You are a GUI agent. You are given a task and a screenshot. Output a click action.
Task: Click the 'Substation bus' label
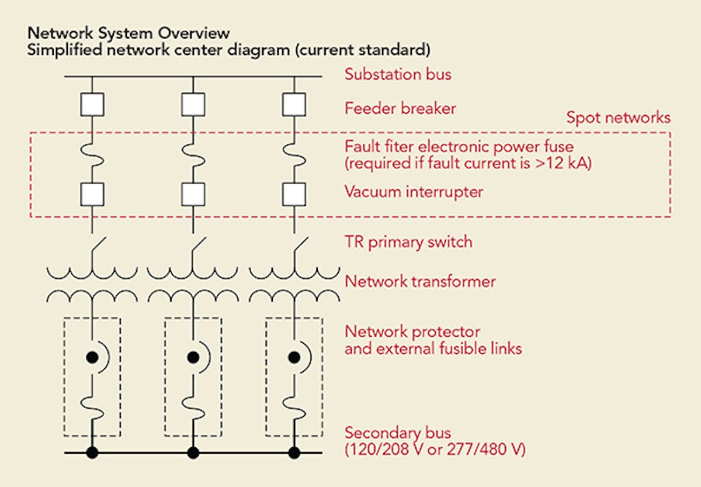[x=398, y=75]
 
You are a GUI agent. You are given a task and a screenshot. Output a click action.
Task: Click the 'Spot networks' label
[x=618, y=118]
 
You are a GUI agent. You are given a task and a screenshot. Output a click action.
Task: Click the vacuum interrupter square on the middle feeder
[x=193, y=192]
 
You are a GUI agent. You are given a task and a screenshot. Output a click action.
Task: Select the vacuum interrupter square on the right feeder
[x=294, y=192]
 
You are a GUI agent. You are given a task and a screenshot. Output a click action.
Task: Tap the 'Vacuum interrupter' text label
[x=414, y=192]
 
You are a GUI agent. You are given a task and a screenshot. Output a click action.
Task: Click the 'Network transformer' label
[x=420, y=281]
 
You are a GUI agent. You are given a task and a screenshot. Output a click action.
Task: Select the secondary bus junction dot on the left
[x=92, y=453]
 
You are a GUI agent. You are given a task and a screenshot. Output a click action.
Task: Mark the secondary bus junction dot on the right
[x=294, y=453]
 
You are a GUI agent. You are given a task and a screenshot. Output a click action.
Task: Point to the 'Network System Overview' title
[x=129, y=33]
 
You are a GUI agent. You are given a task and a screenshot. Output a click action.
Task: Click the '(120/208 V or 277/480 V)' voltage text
[x=435, y=450]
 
